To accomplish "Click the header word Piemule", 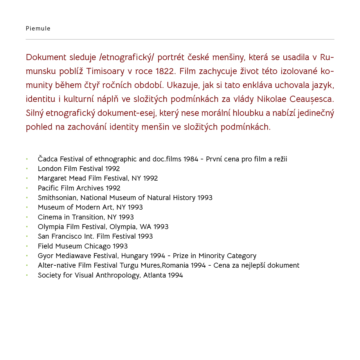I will (38, 28).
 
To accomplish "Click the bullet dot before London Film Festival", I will (27, 169).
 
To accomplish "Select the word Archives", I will (90, 188).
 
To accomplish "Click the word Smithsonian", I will (57, 198).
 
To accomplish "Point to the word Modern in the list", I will (88, 207).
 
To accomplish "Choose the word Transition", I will (88, 217).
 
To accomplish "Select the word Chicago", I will (98, 246).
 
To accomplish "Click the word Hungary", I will (134, 256).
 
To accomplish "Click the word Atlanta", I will (154, 275).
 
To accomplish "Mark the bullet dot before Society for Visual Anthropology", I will (27, 275).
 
